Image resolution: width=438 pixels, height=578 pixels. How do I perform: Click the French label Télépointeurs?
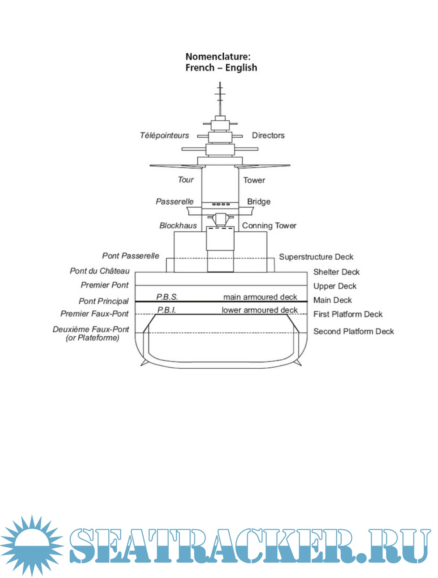(x=164, y=135)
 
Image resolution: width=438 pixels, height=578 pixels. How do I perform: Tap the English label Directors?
(x=268, y=135)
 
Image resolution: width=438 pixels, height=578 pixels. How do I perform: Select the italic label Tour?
(x=186, y=180)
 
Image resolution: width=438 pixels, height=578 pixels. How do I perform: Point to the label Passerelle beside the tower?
(x=174, y=202)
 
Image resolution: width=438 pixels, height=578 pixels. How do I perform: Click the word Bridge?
(x=259, y=202)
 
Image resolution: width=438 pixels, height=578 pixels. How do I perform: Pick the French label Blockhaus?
(x=178, y=226)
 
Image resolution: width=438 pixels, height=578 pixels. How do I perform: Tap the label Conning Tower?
(x=269, y=226)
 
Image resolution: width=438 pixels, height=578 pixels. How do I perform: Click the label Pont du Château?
(x=99, y=271)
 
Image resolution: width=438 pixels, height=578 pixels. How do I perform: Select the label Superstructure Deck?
(x=316, y=257)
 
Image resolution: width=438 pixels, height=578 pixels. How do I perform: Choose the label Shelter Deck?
(x=336, y=272)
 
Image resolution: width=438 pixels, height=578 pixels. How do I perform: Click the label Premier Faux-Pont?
(x=94, y=314)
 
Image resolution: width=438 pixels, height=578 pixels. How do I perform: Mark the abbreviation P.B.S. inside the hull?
(x=167, y=297)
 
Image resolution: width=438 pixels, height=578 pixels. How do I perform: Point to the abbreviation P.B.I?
(x=167, y=310)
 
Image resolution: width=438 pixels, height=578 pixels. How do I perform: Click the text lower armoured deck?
(x=260, y=310)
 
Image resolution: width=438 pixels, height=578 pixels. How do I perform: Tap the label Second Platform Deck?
(x=353, y=331)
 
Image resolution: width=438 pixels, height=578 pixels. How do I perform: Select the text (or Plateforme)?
(x=92, y=338)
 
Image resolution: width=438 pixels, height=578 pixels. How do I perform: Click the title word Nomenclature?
(x=218, y=57)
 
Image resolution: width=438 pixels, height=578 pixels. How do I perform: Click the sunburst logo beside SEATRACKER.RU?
(x=31, y=545)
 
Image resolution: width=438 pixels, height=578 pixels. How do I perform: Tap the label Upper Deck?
(x=335, y=286)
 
